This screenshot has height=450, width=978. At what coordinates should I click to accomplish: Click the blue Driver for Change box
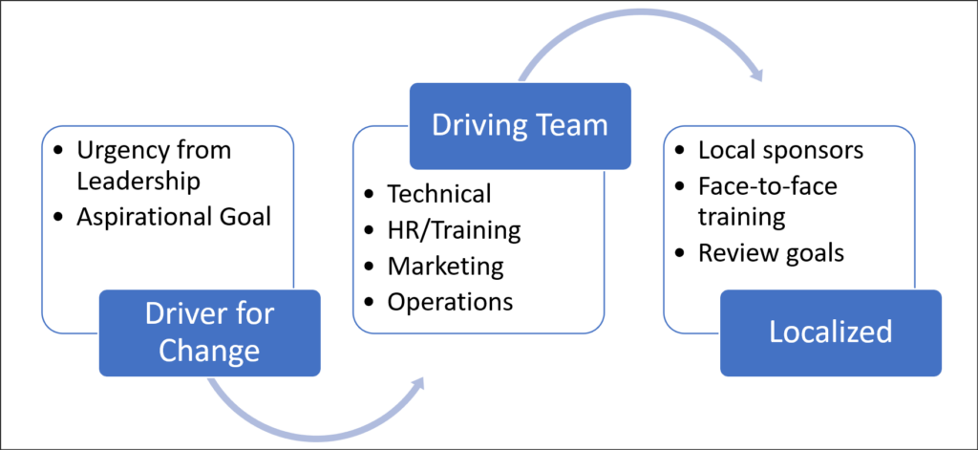209,332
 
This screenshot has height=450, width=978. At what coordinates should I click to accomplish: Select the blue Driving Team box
521,125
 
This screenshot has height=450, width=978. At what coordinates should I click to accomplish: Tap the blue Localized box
831,332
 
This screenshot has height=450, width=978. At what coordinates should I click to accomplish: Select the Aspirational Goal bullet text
174,217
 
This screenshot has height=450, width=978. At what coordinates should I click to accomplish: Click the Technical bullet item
438,194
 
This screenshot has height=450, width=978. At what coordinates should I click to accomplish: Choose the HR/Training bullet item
454,229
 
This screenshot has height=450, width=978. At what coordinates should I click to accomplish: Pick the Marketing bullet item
445,265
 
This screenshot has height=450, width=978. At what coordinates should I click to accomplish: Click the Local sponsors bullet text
780,151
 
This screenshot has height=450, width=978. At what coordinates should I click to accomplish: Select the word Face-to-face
767,185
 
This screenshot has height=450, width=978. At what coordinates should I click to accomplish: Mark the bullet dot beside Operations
370,301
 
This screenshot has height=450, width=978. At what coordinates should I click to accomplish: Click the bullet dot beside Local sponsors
679,152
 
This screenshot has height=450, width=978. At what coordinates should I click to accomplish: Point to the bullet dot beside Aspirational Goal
59,218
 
